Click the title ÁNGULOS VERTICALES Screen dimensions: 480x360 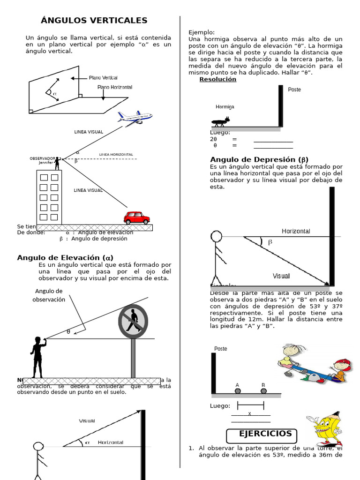coord(94,20)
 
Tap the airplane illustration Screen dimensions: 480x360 coord(135,118)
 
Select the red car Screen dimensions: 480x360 coord(136,218)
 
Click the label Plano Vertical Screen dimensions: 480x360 coord(103,78)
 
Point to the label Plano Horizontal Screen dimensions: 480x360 coord(115,87)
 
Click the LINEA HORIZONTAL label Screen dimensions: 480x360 coord(116,154)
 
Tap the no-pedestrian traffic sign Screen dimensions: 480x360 coord(133,322)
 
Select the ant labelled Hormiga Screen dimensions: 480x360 coord(221,121)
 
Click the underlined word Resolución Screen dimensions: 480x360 coord(217,79)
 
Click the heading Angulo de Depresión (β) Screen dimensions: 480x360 coord(259,159)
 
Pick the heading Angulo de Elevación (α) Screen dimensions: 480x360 coord(65,257)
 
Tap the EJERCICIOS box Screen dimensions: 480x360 coord(265,434)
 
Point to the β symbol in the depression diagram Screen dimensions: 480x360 coord(270,242)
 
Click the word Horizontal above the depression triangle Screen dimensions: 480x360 coord(295,231)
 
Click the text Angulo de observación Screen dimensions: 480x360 coord(49,295)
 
